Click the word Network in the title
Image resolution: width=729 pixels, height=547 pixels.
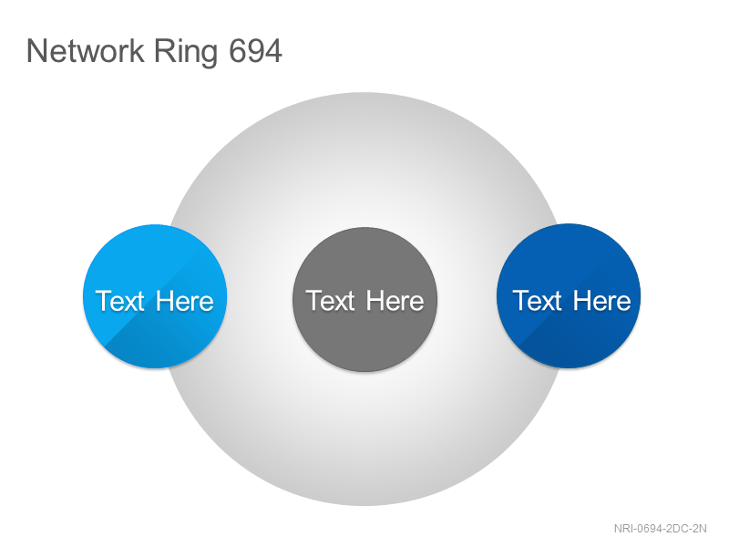[85, 51]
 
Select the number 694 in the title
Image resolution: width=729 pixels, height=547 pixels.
[255, 51]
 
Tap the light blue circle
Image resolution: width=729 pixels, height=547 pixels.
[155, 296]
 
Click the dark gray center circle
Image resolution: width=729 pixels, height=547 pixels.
[364, 299]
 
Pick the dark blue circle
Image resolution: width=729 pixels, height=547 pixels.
[569, 295]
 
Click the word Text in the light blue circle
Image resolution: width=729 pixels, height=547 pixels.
[120, 301]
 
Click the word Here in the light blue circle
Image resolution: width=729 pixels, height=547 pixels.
[185, 301]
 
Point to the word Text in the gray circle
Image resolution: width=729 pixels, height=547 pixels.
[330, 301]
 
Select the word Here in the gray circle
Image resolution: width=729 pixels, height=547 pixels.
[395, 301]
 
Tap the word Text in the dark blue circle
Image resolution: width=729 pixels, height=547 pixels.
[537, 301]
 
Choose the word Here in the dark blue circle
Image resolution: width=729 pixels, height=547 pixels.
[601, 301]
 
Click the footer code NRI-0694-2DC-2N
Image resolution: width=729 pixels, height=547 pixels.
[660, 529]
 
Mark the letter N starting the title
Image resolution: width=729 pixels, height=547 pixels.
[36, 51]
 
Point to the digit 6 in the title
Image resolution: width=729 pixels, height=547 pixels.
[237, 51]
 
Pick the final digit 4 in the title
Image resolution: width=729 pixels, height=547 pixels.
[273, 51]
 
